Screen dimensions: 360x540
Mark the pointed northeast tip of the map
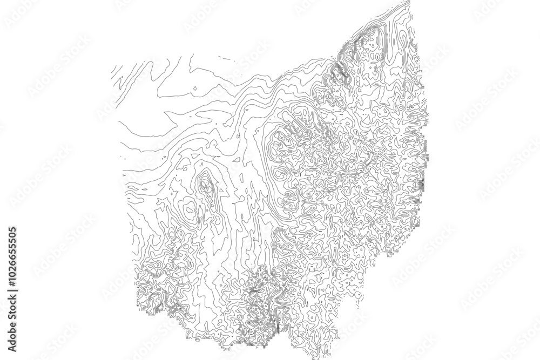pyautogui.click(x=409, y=2)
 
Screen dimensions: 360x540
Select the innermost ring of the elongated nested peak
pyautogui.click(x=205, y=185)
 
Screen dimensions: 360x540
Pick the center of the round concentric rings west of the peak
pyautogui.click(x=188, y=208)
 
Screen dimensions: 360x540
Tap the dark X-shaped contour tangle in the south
pyautogui.click(x=254, y=292)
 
